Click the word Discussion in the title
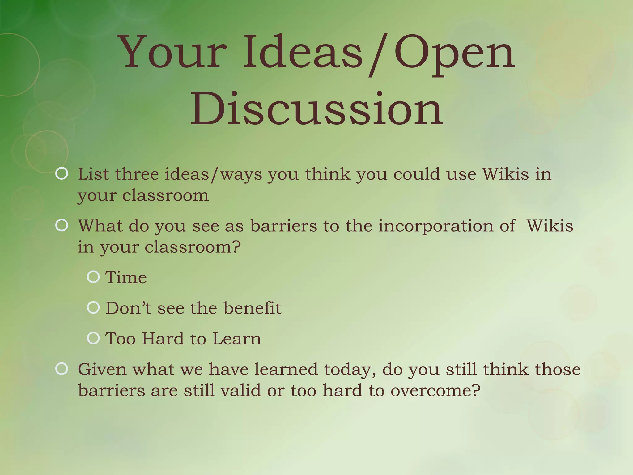[316, 109]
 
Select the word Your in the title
[173, 53]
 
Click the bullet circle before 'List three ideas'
[62, 174]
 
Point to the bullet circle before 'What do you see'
[62, 225]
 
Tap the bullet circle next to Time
[93, 277]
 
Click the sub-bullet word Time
[126, 277]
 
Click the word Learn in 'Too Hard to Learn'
[237, 339]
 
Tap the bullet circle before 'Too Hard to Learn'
[93, 338]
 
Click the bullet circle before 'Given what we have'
[62, 369]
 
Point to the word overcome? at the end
[435, 391]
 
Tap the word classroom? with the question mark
[193, 247]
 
